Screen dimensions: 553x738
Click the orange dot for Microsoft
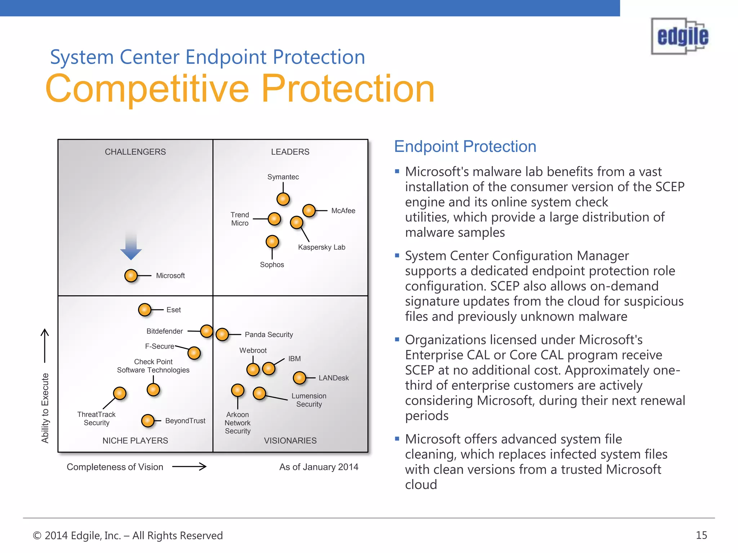[131, 276]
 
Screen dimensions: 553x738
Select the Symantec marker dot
[283, 199]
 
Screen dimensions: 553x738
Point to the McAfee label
[343, 211]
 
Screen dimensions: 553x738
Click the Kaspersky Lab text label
[321, 247]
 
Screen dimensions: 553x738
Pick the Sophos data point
[272, 242]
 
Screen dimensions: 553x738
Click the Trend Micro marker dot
[274, 219]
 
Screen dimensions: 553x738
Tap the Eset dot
[145, 310]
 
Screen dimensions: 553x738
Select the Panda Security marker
[222, 334]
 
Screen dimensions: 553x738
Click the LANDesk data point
[299, 378]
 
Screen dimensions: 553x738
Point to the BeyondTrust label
[185, 421]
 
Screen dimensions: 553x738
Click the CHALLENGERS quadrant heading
[135, 152]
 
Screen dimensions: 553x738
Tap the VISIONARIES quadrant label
[290, 441]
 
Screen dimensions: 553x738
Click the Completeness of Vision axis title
[115, 467]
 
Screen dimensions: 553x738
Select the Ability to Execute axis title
[45, 408]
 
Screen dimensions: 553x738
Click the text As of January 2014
[319, 467]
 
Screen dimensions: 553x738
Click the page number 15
[701, 535]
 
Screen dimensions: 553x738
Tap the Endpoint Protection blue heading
[465, 147]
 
